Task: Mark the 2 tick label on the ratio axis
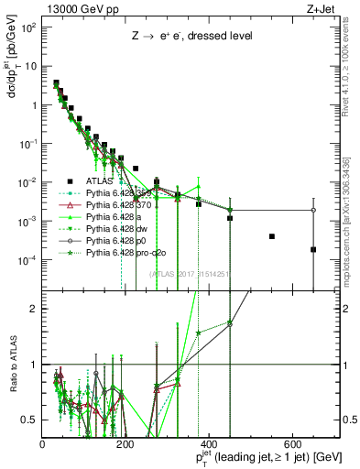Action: point(35,308)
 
